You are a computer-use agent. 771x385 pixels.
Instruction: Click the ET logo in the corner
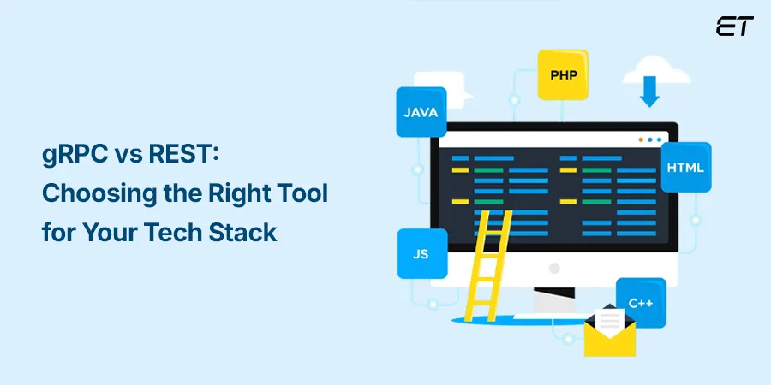[x=734, y=26]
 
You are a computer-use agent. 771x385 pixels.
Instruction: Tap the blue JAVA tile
[x=421, y=112]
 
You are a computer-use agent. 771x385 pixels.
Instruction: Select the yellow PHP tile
[x=563, y=74]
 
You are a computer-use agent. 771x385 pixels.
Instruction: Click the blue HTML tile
[x=685, y=167]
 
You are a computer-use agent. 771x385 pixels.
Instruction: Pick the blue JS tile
[x=421, y=254]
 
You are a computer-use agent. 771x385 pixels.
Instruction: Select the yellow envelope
[x=609, y=336]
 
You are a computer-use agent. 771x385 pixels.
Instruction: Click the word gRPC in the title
[x=74, y=157]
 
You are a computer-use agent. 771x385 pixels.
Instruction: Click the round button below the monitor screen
[x=554, y=267]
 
